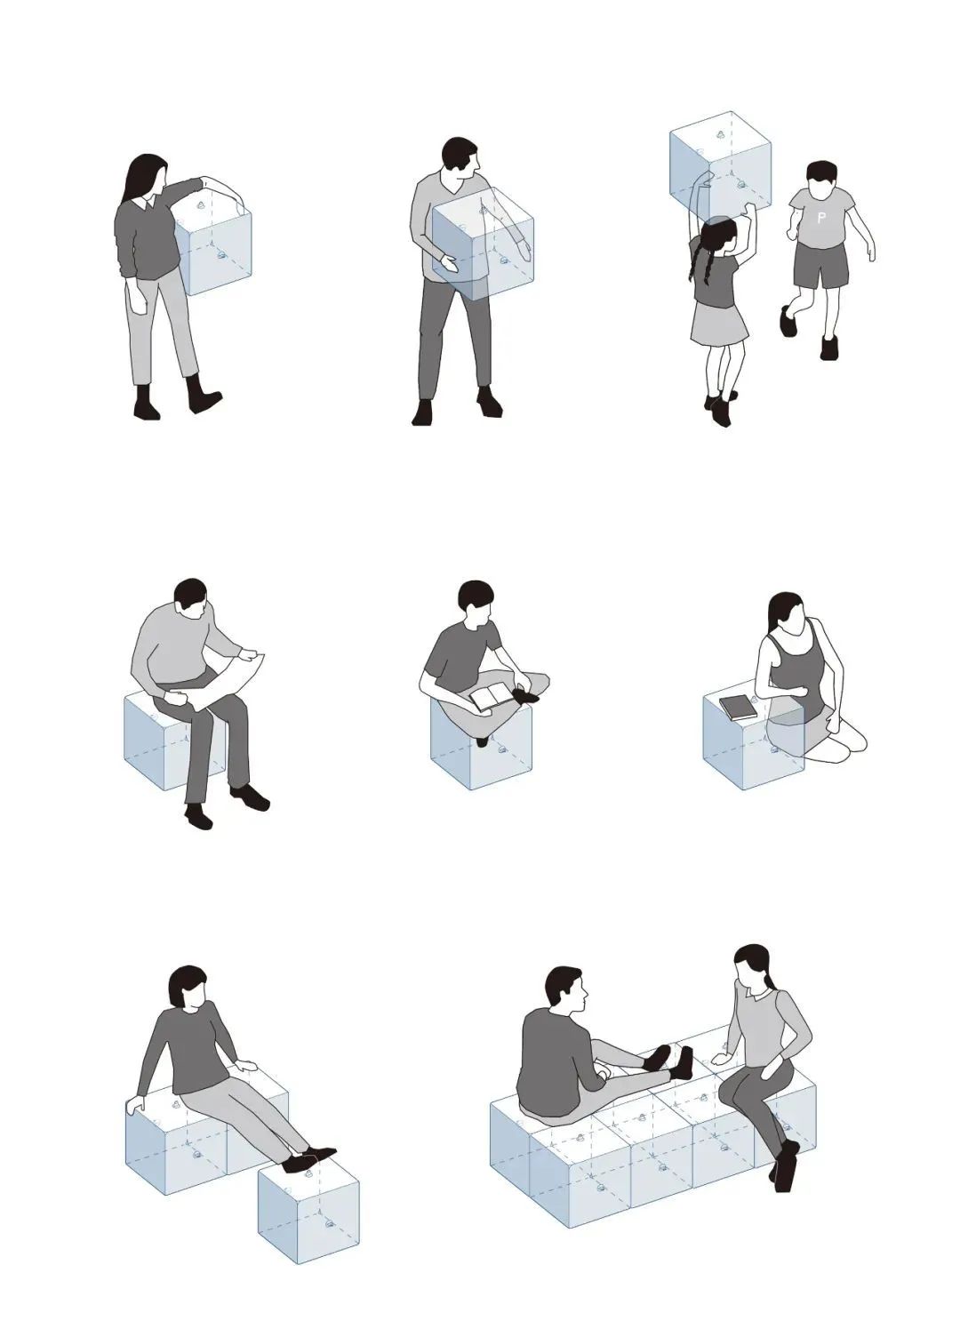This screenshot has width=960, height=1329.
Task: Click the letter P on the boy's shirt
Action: [x=821, y=217]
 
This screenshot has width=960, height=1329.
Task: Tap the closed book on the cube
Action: [x=738, y=708]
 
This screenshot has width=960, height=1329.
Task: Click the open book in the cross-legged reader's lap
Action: [x=492, y=697]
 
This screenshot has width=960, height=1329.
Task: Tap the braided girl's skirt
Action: [x=719, y=323]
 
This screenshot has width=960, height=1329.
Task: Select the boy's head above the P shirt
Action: [x=821, y=180]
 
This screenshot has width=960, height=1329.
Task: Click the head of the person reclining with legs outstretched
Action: [x=188, y=986]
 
